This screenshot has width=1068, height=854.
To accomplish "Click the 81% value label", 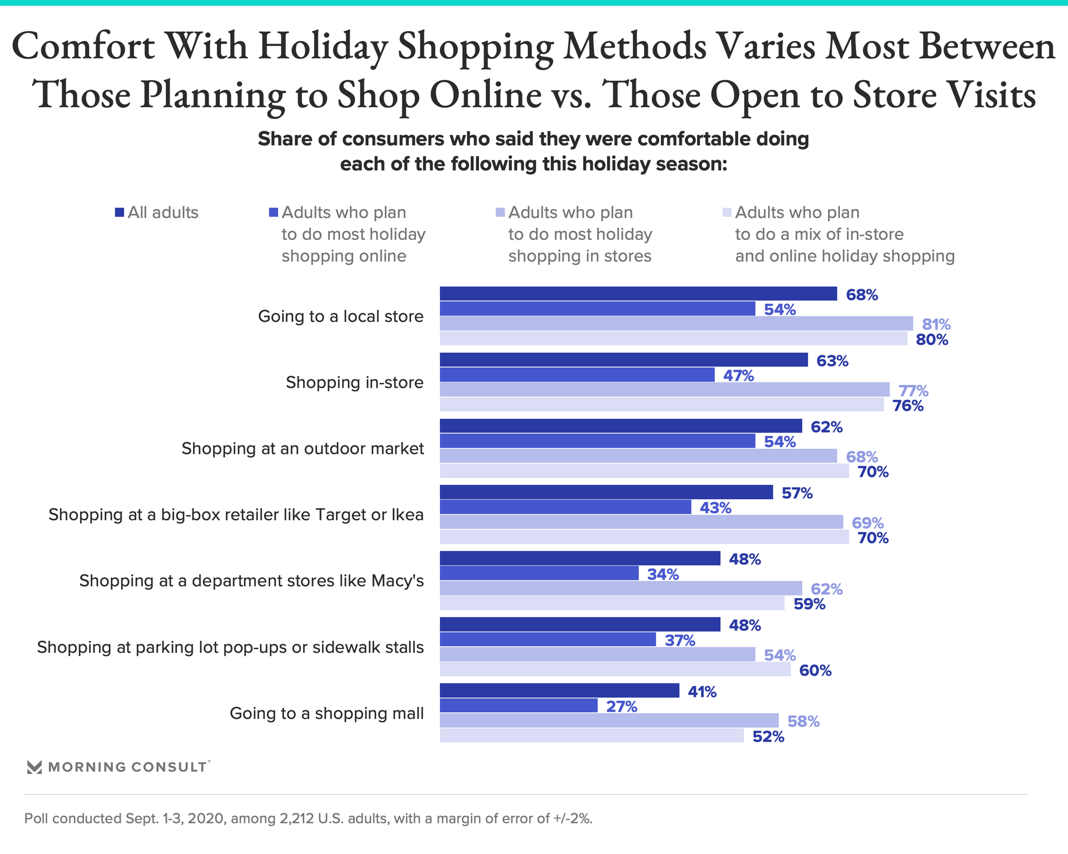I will (936, 324).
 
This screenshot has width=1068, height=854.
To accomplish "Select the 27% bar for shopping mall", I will (518, 706).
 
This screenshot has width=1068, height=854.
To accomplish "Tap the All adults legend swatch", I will (120, 212).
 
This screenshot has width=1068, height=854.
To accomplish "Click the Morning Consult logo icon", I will (34, 767).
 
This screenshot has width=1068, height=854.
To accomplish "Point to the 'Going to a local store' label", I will (340, 316).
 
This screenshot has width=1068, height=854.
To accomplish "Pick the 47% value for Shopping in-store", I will (738, 376).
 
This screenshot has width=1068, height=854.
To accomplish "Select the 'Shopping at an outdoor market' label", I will (303, 449).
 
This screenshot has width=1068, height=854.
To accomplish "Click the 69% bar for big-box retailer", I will (641, 522).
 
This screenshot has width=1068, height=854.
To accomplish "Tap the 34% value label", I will (662, 574).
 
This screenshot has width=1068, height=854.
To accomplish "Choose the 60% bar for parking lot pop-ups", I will (615, 669).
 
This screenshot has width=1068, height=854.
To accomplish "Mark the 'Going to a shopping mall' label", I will (327, 713).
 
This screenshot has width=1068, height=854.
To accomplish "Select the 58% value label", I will (803, 722).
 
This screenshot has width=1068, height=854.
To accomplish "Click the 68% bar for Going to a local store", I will (638, 294).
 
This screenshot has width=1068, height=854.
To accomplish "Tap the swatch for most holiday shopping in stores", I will (500, 212).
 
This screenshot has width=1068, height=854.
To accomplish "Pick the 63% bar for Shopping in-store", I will (624, 360).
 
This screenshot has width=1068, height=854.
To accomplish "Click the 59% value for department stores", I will (809, 604).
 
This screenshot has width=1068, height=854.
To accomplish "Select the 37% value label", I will (680, 640).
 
